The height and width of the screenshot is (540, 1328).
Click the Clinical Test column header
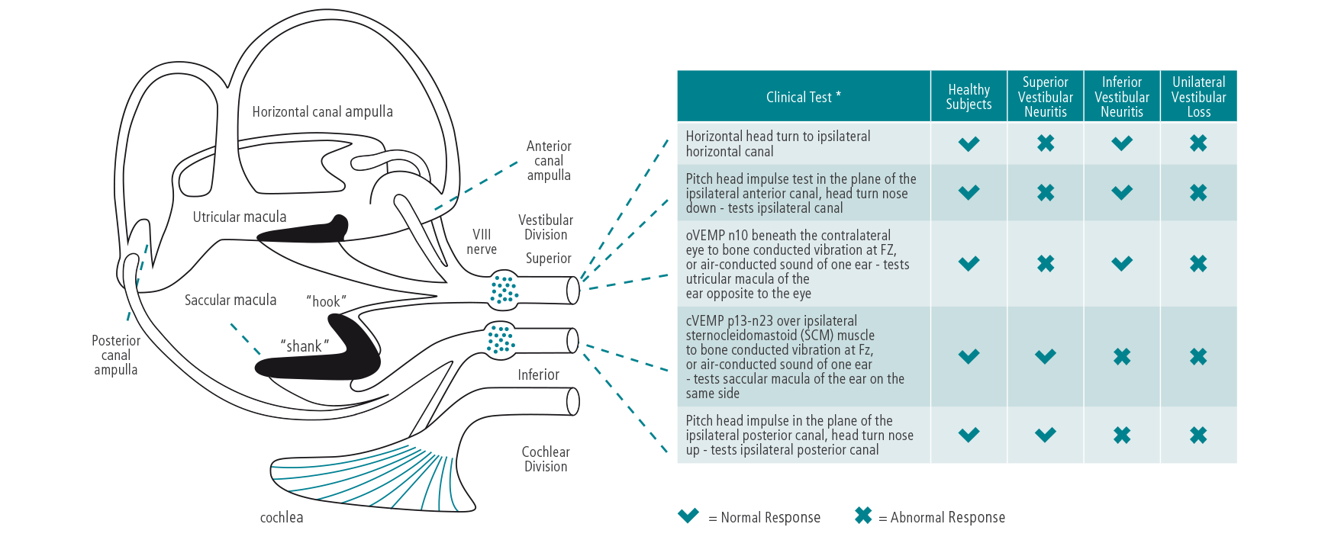click(x=803, y=97)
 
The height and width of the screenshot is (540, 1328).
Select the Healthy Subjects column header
click(x=969, y=97)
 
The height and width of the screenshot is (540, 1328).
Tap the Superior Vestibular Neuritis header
click(x=1045, y=97)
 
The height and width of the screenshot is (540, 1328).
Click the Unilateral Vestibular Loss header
click(x=1198, y=97)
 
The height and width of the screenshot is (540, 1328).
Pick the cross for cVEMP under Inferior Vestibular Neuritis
click(x=1122, y=356)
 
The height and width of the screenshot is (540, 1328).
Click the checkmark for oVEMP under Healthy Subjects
click(x=969, y=264)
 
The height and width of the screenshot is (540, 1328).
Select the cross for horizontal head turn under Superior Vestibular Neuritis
click(x=1045, y=143)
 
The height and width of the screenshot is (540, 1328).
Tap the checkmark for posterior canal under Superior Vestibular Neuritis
click(x=1045, y=435)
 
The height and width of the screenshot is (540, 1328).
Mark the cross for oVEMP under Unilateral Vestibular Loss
click(x=1198, y=264)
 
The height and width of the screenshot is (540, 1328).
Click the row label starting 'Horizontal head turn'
click(x=778, y=143)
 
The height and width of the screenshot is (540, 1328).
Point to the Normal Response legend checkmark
click(x=688, y=516)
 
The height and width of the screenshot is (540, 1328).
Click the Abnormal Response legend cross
click(x=863, y=516)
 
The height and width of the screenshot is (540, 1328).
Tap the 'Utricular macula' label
click(x=240, y=217)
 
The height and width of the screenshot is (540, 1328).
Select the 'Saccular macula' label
click(x=230, y=301)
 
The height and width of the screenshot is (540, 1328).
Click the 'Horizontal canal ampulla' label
click(x=322, y=112)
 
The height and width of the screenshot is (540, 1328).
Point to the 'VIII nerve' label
click(x=482, y=242)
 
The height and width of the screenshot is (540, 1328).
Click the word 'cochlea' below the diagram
click(x=282, y=518)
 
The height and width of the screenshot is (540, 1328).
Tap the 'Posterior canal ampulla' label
click(x=116, y=355)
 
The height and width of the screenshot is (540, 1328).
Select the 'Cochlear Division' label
click(x=546, y=459)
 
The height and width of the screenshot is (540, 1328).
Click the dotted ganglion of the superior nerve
click(x=503, y=290)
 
